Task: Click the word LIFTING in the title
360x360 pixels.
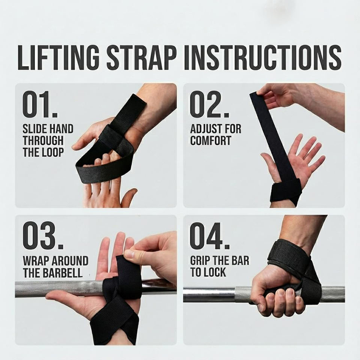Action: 58,57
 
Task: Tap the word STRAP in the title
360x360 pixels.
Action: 142,57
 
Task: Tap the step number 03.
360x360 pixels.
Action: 43,236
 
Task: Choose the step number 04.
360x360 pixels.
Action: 210,236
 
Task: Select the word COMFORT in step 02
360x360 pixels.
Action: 210,141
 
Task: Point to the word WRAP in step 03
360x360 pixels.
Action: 36,261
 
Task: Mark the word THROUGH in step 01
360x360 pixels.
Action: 43,140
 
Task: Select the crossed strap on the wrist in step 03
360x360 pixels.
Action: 114,321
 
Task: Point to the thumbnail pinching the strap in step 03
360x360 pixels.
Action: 129,254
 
